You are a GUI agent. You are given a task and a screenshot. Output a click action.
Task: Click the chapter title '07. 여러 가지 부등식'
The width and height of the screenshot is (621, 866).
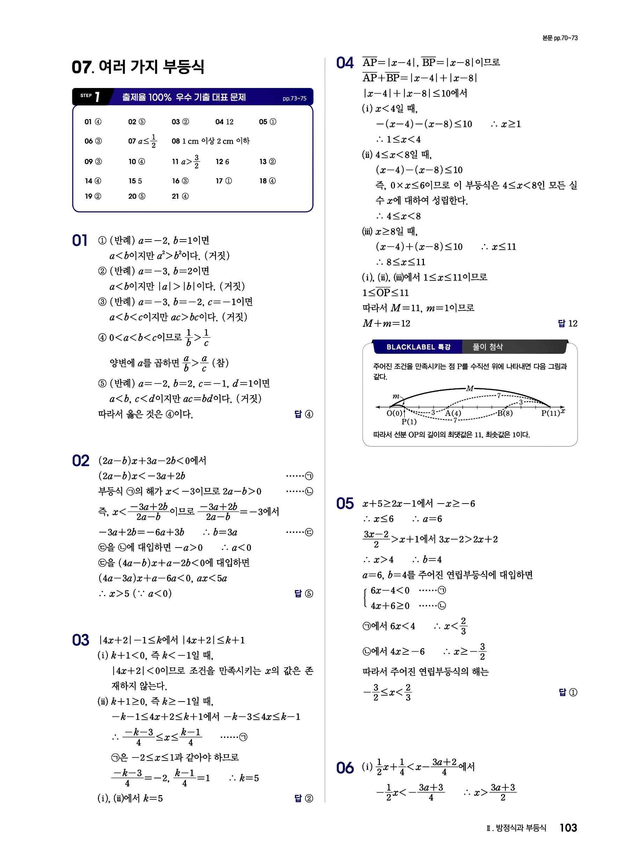pyautogui.click(x=138, y=67)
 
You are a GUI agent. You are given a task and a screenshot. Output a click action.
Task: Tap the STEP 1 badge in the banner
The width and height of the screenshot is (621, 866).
pyautogui.click(x=91, y=97)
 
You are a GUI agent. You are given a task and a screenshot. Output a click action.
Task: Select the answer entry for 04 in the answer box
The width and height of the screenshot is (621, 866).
pyautogui.click(x=224, y=122)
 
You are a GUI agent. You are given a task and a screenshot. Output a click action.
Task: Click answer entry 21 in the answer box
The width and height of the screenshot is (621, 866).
pyautogui.click(x=180, y=196)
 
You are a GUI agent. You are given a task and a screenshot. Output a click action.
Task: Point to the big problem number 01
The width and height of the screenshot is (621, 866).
pyautogui.click(x=80, y=241)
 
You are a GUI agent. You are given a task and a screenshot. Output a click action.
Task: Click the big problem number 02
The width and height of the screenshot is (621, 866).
pyautogui.click(x=81, y=461)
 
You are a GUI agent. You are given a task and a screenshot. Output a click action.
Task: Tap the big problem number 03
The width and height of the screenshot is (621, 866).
pyautogui.click(x=81, y=640)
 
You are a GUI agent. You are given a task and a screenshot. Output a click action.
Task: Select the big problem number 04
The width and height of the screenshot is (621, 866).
pyautogui.click(x=345, y=63)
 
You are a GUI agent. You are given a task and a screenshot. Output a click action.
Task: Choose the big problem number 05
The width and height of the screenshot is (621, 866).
pyautogui.click(x=345, y=504)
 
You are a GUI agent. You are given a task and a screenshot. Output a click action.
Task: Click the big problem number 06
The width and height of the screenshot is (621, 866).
pyautogui.click(x=345, y=768)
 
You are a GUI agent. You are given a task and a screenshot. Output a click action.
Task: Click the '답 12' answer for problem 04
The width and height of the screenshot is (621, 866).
pyautogui.click(x=568, y=323)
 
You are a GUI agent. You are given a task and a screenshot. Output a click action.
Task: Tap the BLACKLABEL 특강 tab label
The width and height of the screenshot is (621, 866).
pyautogui.click(x=418, y=347)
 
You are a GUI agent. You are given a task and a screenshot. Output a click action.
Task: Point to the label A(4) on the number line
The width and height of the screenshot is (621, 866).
pyautogui.click(x=453, y=413)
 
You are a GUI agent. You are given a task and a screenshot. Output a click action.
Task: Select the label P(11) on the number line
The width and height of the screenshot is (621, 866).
pyautogui.click(x=550, y=413)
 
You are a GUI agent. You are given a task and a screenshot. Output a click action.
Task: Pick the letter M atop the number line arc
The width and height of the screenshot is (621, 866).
pyautogui.click(x=470, y=389)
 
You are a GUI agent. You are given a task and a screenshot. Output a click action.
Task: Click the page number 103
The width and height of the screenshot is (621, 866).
pyautogui.click(x=568, y=828)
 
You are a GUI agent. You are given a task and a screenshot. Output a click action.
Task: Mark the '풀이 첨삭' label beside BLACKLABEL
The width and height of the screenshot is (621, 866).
pyautogui.click(x=488, y=347)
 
